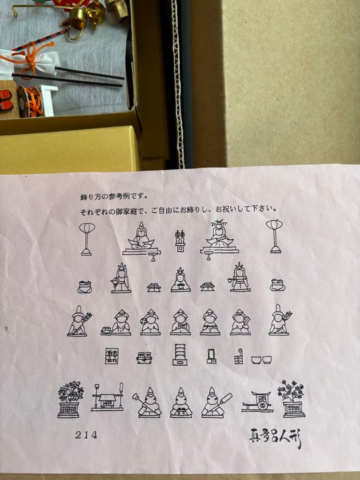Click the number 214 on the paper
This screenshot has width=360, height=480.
tap(86, 435)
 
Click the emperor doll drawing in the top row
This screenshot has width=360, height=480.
tap(141, 238)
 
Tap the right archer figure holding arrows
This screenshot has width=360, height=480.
tap(279, 321)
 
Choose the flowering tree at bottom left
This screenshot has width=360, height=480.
tap(69, 399)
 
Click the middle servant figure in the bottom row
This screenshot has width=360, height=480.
tap(181, 403)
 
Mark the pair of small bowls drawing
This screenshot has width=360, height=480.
tap(261, 359)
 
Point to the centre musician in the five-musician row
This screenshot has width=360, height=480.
tap(180, 323)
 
